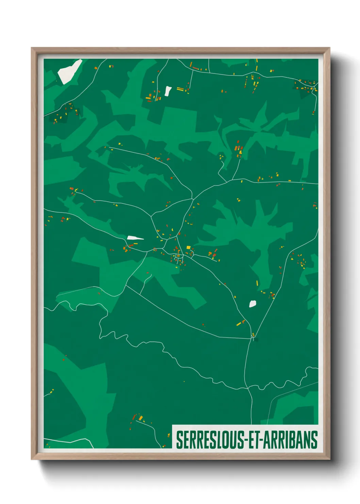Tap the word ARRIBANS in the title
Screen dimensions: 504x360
290,440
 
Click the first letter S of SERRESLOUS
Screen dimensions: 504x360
179,440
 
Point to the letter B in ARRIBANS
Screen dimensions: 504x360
294,440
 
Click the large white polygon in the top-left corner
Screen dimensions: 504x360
69,72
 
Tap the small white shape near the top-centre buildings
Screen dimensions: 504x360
168,91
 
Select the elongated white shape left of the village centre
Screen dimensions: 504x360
135,238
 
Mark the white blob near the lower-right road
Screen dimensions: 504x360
252,304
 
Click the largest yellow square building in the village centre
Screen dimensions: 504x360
188,248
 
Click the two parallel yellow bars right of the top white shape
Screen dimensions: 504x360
180,90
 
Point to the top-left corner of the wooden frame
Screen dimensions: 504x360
32,48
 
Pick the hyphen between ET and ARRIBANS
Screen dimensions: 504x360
260,440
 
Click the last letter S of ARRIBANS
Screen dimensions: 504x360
314,440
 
